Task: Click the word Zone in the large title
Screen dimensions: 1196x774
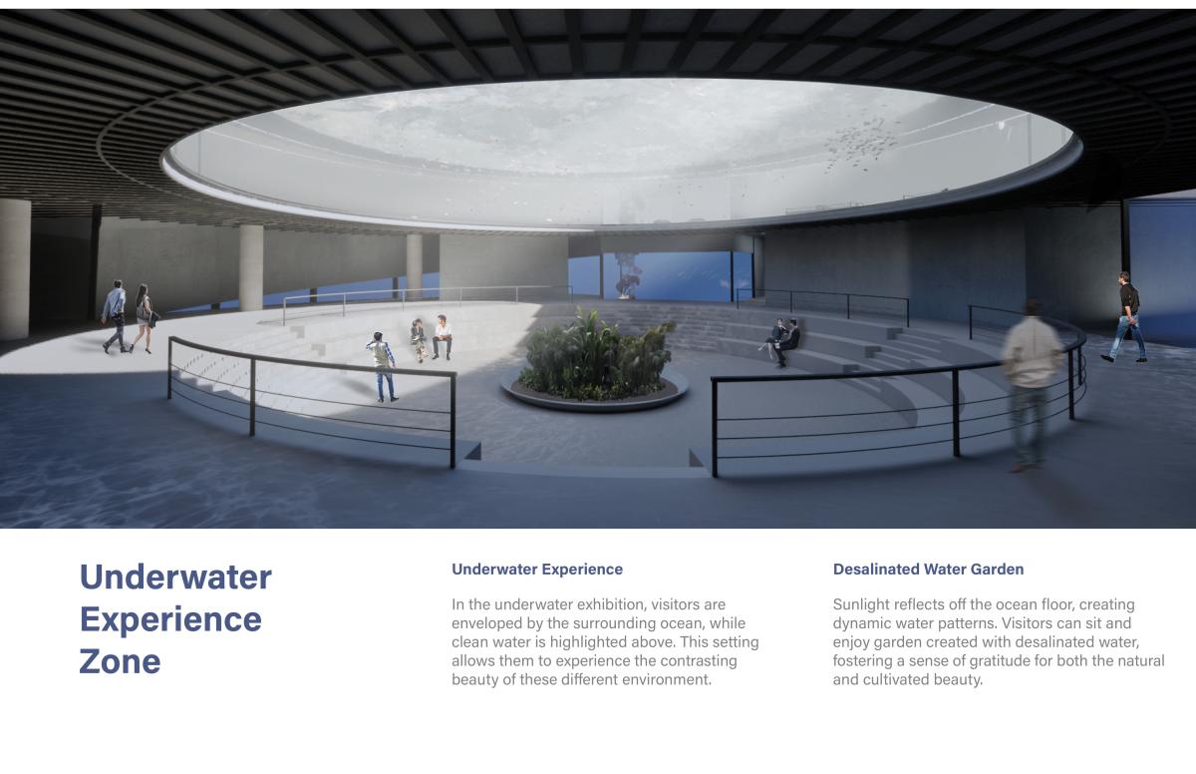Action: pos(120,661)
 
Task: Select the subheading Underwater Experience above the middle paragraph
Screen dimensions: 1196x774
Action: pos(537,570)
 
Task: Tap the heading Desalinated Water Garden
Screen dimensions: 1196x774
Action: pos(929,570)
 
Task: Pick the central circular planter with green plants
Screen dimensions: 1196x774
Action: pos(594,363)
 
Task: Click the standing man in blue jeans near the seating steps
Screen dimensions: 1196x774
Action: pos(383,366)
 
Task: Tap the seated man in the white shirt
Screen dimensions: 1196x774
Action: pos(443,337)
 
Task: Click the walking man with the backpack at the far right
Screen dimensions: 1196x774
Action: pos(1125,317)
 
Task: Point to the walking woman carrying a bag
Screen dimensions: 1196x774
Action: pos(144,319)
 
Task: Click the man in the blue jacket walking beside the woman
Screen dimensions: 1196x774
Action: pos(115,316)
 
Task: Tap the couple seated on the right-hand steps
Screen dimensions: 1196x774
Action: pos(782,342)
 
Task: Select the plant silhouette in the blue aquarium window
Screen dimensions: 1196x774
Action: pos(627,275)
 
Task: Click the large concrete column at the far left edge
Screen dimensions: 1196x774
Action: pos(15,268)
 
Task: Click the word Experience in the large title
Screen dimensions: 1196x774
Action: pos(170,619)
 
